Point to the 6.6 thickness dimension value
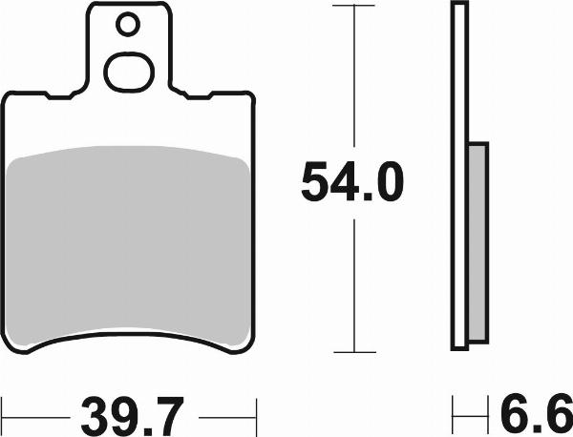[x=536, y=416]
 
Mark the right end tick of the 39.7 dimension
[x=256, y=416]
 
